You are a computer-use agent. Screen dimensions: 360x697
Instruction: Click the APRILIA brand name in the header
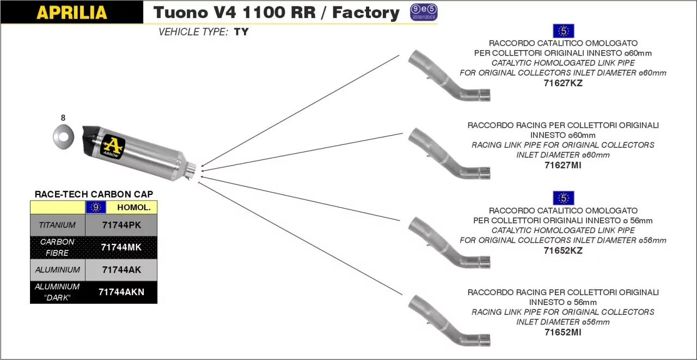[x=71, y=13]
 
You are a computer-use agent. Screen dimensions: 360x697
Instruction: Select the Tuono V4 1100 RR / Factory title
[x=276, y=13]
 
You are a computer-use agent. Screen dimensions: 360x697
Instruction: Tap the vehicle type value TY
[x=241, y=32]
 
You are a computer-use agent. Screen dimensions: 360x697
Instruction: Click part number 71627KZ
[x=563, y=83]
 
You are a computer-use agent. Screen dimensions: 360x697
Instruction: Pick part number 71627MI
[x=563, y=165]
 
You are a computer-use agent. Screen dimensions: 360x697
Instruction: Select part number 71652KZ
[x=563, y=251]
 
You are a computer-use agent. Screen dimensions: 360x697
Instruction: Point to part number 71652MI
[x=563, y=332]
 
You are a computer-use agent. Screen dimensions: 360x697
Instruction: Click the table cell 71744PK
[x=121, y=224]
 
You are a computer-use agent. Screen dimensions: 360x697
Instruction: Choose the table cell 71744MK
[x=121, y=247]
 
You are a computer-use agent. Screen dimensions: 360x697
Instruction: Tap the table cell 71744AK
[x=121, y=270]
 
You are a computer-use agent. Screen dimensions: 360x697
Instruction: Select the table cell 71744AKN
[x=121, y=292]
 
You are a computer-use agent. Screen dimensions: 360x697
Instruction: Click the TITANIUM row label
[x=57, y=224]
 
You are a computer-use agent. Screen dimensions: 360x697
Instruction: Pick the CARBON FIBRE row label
[x=57, y=247]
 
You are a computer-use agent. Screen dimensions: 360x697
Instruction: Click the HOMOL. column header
[x=133, y=207]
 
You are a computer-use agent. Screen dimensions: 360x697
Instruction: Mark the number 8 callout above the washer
[x=63, y=118]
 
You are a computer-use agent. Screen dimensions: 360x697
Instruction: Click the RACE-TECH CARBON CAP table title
[x=94, y=194]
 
